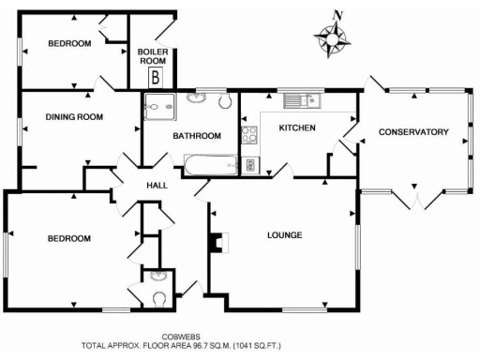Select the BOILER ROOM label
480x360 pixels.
pos(152,56)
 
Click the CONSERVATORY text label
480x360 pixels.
pos(413,132)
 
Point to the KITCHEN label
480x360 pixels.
pos(297,127)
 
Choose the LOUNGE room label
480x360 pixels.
pos(284,234)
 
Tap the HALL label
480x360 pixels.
pos(157,186)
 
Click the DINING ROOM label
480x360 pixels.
pos(74,117)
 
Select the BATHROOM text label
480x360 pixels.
pos(197,136)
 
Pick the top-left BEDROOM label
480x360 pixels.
pos(69,43)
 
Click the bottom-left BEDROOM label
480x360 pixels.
pos(69,239)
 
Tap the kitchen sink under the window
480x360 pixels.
pos(304,99)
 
